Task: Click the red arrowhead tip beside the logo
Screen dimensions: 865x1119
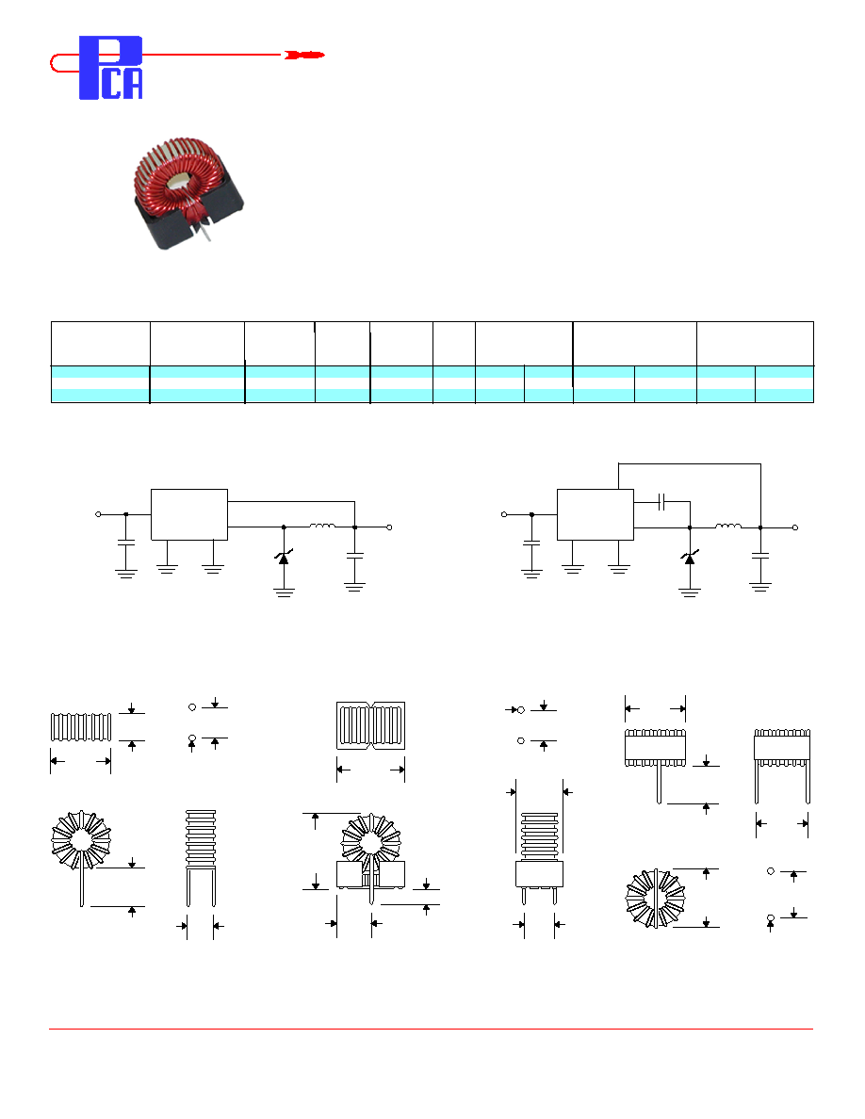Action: pos(325,55)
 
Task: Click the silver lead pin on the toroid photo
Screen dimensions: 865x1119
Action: pos(204,231)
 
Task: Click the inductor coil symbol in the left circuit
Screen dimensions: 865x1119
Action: pos(322,526)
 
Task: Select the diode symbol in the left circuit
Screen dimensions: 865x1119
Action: pos(284,558)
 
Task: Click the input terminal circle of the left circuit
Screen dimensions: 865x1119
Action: pos(99,514)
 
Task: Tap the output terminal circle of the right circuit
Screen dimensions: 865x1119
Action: pos(795,527)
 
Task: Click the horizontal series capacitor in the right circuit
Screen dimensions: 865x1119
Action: pos(662,502)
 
